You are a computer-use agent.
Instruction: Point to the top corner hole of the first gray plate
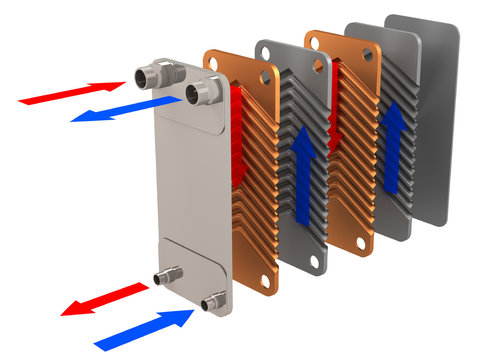click(x=268, y=49)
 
